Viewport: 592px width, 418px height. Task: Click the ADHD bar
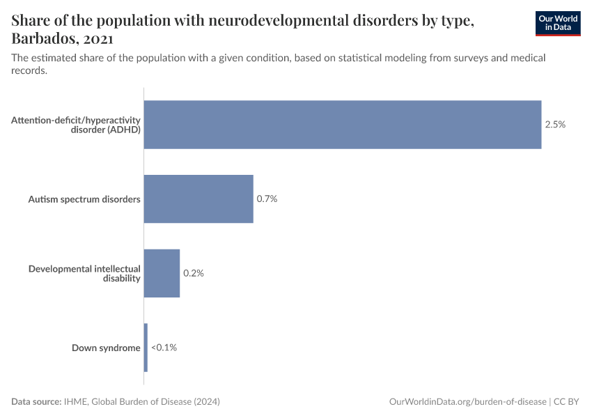(343, 125)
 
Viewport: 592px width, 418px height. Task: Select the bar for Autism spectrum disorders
(198, 199)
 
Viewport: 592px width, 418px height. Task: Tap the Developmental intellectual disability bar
(162, 273)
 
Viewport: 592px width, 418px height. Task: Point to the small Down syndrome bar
(146, 347)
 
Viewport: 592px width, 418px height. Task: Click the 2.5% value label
(555, 125)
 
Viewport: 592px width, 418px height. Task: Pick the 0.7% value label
(267, 199)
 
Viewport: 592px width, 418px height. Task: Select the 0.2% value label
(193, 273)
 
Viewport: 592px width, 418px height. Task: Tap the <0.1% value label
(164, 347)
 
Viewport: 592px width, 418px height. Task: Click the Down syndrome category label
(106, 348)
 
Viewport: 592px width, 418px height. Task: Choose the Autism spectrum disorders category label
(84, 199)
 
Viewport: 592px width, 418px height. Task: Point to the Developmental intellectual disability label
(84, 273)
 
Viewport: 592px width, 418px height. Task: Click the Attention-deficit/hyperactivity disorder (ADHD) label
(76, 125)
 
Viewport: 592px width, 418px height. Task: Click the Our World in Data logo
(557, 23)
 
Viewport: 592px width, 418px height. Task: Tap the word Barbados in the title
(43, 38)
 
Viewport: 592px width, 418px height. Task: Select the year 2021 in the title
(98, 38)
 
